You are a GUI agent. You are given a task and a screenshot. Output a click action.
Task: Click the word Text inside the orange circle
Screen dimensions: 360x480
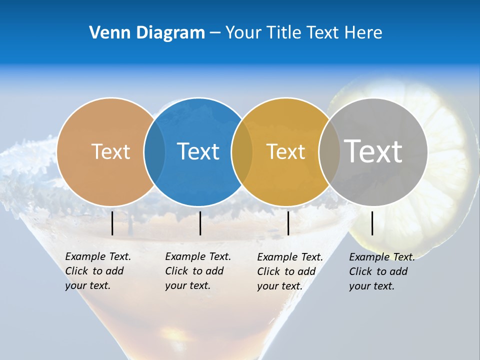[x=110, y=151]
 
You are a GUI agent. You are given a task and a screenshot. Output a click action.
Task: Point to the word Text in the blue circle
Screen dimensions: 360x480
[x=198, y=151]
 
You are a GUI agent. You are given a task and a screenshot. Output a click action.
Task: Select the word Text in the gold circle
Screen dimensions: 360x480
[x=285, y=151]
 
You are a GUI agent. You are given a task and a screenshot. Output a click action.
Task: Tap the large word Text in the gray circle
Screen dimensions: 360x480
[x=373, y=151]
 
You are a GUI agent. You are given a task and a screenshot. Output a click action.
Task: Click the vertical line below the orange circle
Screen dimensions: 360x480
[x=112, y=223]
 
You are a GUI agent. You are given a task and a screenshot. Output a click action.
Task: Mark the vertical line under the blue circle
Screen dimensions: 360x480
[x=200, y=223]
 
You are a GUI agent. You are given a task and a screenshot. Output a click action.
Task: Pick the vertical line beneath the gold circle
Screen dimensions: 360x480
[x=288, y=223]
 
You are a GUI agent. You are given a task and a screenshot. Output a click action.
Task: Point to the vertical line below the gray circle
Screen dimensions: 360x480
[x=372, y=223]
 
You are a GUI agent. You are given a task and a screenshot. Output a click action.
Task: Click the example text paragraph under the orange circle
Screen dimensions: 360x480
[x=97, y=271]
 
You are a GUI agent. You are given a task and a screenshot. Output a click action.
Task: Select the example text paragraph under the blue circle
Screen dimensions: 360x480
[x=197, y=271]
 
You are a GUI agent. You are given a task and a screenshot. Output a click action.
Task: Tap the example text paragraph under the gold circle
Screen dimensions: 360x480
[x=289, y=271]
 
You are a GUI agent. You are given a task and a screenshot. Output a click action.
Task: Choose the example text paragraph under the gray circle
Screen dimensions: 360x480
[x=381, y=271]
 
